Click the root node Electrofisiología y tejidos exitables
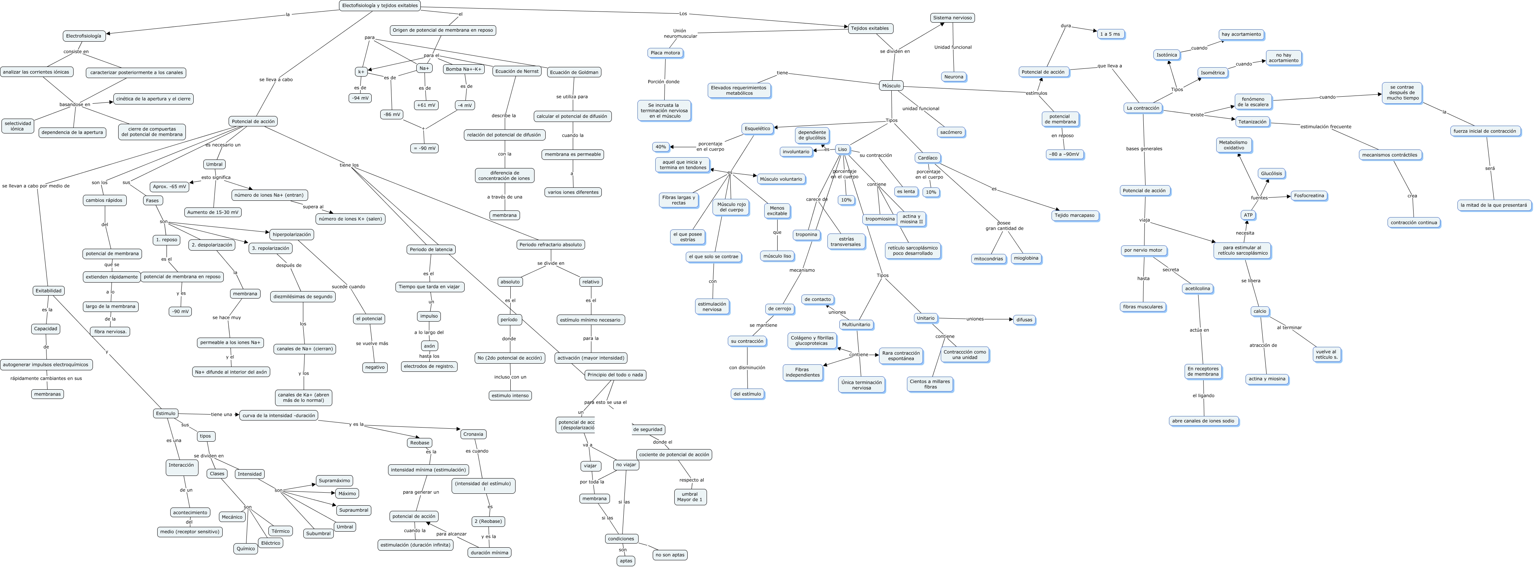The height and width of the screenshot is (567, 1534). [x=380, y=5]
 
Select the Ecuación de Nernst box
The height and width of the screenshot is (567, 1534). [x=517, y=71]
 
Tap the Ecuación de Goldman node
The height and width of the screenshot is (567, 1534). [x=574, y=73]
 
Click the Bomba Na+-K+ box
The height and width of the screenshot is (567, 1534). [x=463, y=69]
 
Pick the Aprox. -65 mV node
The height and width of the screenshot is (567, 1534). [x=170, y=186]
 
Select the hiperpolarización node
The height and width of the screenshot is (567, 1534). [x=292, y=235]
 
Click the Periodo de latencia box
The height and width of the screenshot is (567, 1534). [x=431, y=249]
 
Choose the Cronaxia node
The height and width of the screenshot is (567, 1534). [x=474, y=434]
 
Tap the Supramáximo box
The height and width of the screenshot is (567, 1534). [x=334, y=481]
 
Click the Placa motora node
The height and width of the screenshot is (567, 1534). [x=665, y=53]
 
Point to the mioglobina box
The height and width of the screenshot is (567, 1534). [x=1026, y=258]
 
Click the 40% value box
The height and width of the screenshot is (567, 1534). [x=661, y=146]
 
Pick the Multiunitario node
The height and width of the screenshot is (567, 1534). [x=856, y=325]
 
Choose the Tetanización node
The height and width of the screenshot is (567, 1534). [x=1252, y=122]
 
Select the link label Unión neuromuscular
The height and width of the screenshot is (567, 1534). [x=680, y=33]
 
